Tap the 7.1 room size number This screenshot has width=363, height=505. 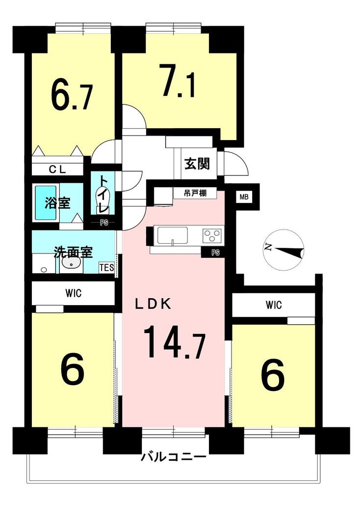tap(178, 81)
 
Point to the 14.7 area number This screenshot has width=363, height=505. tap(174, 342)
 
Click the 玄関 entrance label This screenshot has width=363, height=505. tap(197, 164)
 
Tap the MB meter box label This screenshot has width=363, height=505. tap(244, 197)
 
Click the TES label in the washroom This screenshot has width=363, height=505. tap(106, 267)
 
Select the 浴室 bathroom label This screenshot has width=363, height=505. tap(57, 203)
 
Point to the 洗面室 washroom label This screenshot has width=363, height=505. tap(73, 252)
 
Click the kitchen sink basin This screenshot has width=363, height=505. tap(172, 235)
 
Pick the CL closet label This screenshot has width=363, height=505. tap(57, 169)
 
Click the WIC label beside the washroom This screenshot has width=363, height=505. tap(74, 293)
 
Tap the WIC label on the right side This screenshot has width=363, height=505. tap(274, 305)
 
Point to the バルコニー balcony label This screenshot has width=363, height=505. tap(173, 457)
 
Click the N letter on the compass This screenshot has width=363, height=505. tap(268, 248)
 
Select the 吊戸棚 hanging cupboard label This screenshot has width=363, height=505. tap(195, 194)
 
